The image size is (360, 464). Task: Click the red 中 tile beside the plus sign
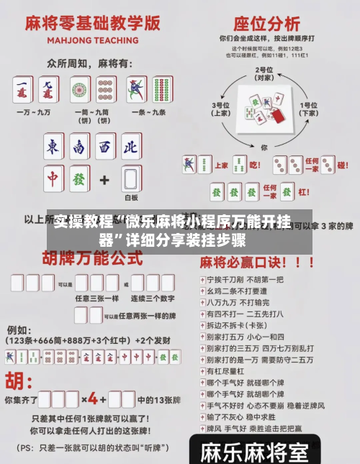pos(53,179)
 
